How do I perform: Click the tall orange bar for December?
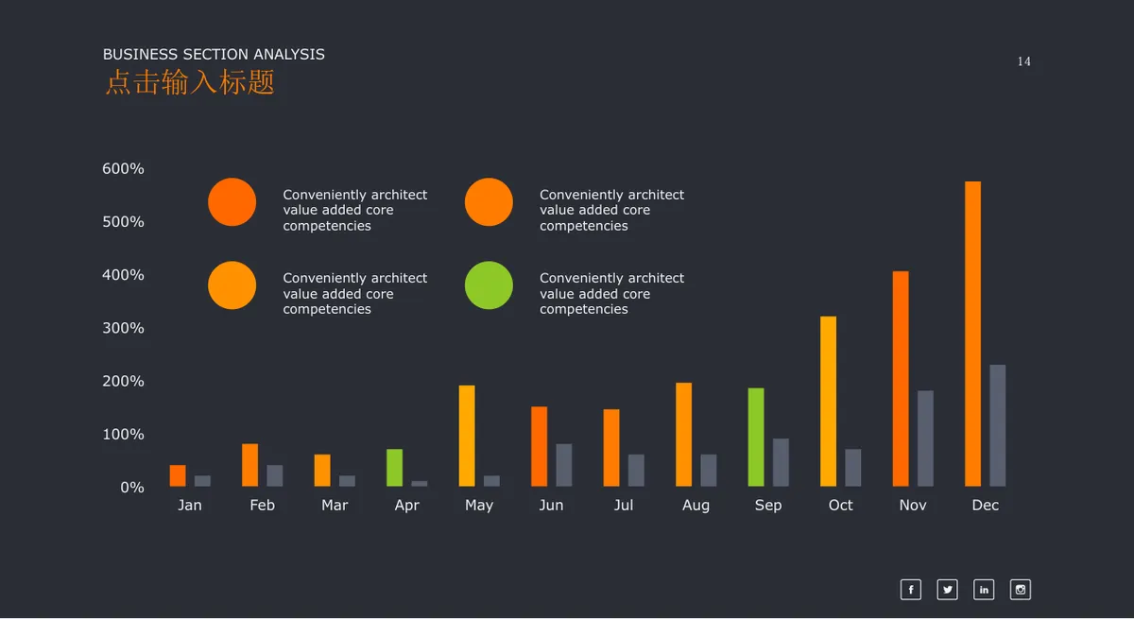(972, 334)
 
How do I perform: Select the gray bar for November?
(925, 438)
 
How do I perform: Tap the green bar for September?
(756, 438)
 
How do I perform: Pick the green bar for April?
(394, 468)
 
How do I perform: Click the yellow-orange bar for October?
(828, 402)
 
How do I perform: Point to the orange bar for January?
(178, 475)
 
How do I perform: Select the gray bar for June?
(564, 465)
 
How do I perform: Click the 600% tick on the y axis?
(123, 168)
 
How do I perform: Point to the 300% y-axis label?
(123, 328)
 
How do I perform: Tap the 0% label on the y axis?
(132, 488)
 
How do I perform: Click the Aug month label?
(696, 506)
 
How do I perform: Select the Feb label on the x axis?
(263, 505)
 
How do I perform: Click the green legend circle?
(489, 285)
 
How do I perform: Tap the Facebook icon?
(911, 590)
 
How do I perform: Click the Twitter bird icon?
(947, 590)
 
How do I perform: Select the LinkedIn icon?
(984, 590)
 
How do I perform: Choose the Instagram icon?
(1020, 590)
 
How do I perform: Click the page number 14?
(1024, 61)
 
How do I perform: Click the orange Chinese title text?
(190, 82)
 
